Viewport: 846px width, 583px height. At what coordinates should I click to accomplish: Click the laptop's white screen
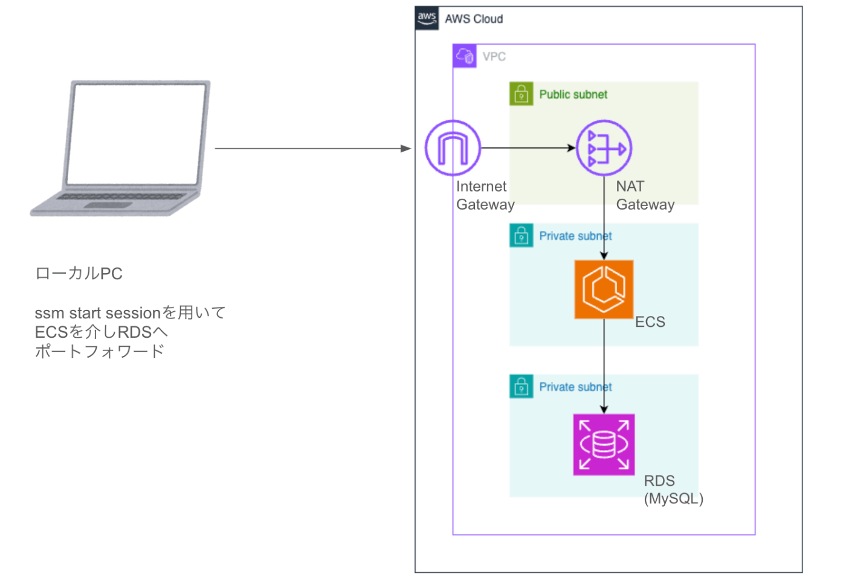click(136, 134)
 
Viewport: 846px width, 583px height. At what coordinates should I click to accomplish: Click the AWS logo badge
click(427, 19)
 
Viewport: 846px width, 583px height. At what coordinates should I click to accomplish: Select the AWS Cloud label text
click(474, 19)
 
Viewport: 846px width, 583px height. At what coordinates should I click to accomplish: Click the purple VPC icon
click(465, 56)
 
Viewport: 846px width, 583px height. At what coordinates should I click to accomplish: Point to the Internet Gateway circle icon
click(453, 148)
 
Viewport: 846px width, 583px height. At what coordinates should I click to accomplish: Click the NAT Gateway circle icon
click(604, 148)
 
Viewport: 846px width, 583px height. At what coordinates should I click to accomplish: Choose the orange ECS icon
click(604, 289)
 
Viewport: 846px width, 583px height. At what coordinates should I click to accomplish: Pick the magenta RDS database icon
click(604, 444)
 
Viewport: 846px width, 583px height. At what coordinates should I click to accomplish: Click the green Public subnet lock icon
click(521, 94)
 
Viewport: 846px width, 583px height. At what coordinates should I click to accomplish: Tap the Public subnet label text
click(573, 95)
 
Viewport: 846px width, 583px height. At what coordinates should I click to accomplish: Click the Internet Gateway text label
click(485, 195)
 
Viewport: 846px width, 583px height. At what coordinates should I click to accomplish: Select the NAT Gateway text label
click(645, 195)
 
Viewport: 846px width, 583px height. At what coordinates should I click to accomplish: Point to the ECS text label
click(650, 322)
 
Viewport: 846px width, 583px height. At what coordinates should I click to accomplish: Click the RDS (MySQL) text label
click(673, 489)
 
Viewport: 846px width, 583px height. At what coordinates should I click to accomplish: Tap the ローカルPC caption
click(79, 274)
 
